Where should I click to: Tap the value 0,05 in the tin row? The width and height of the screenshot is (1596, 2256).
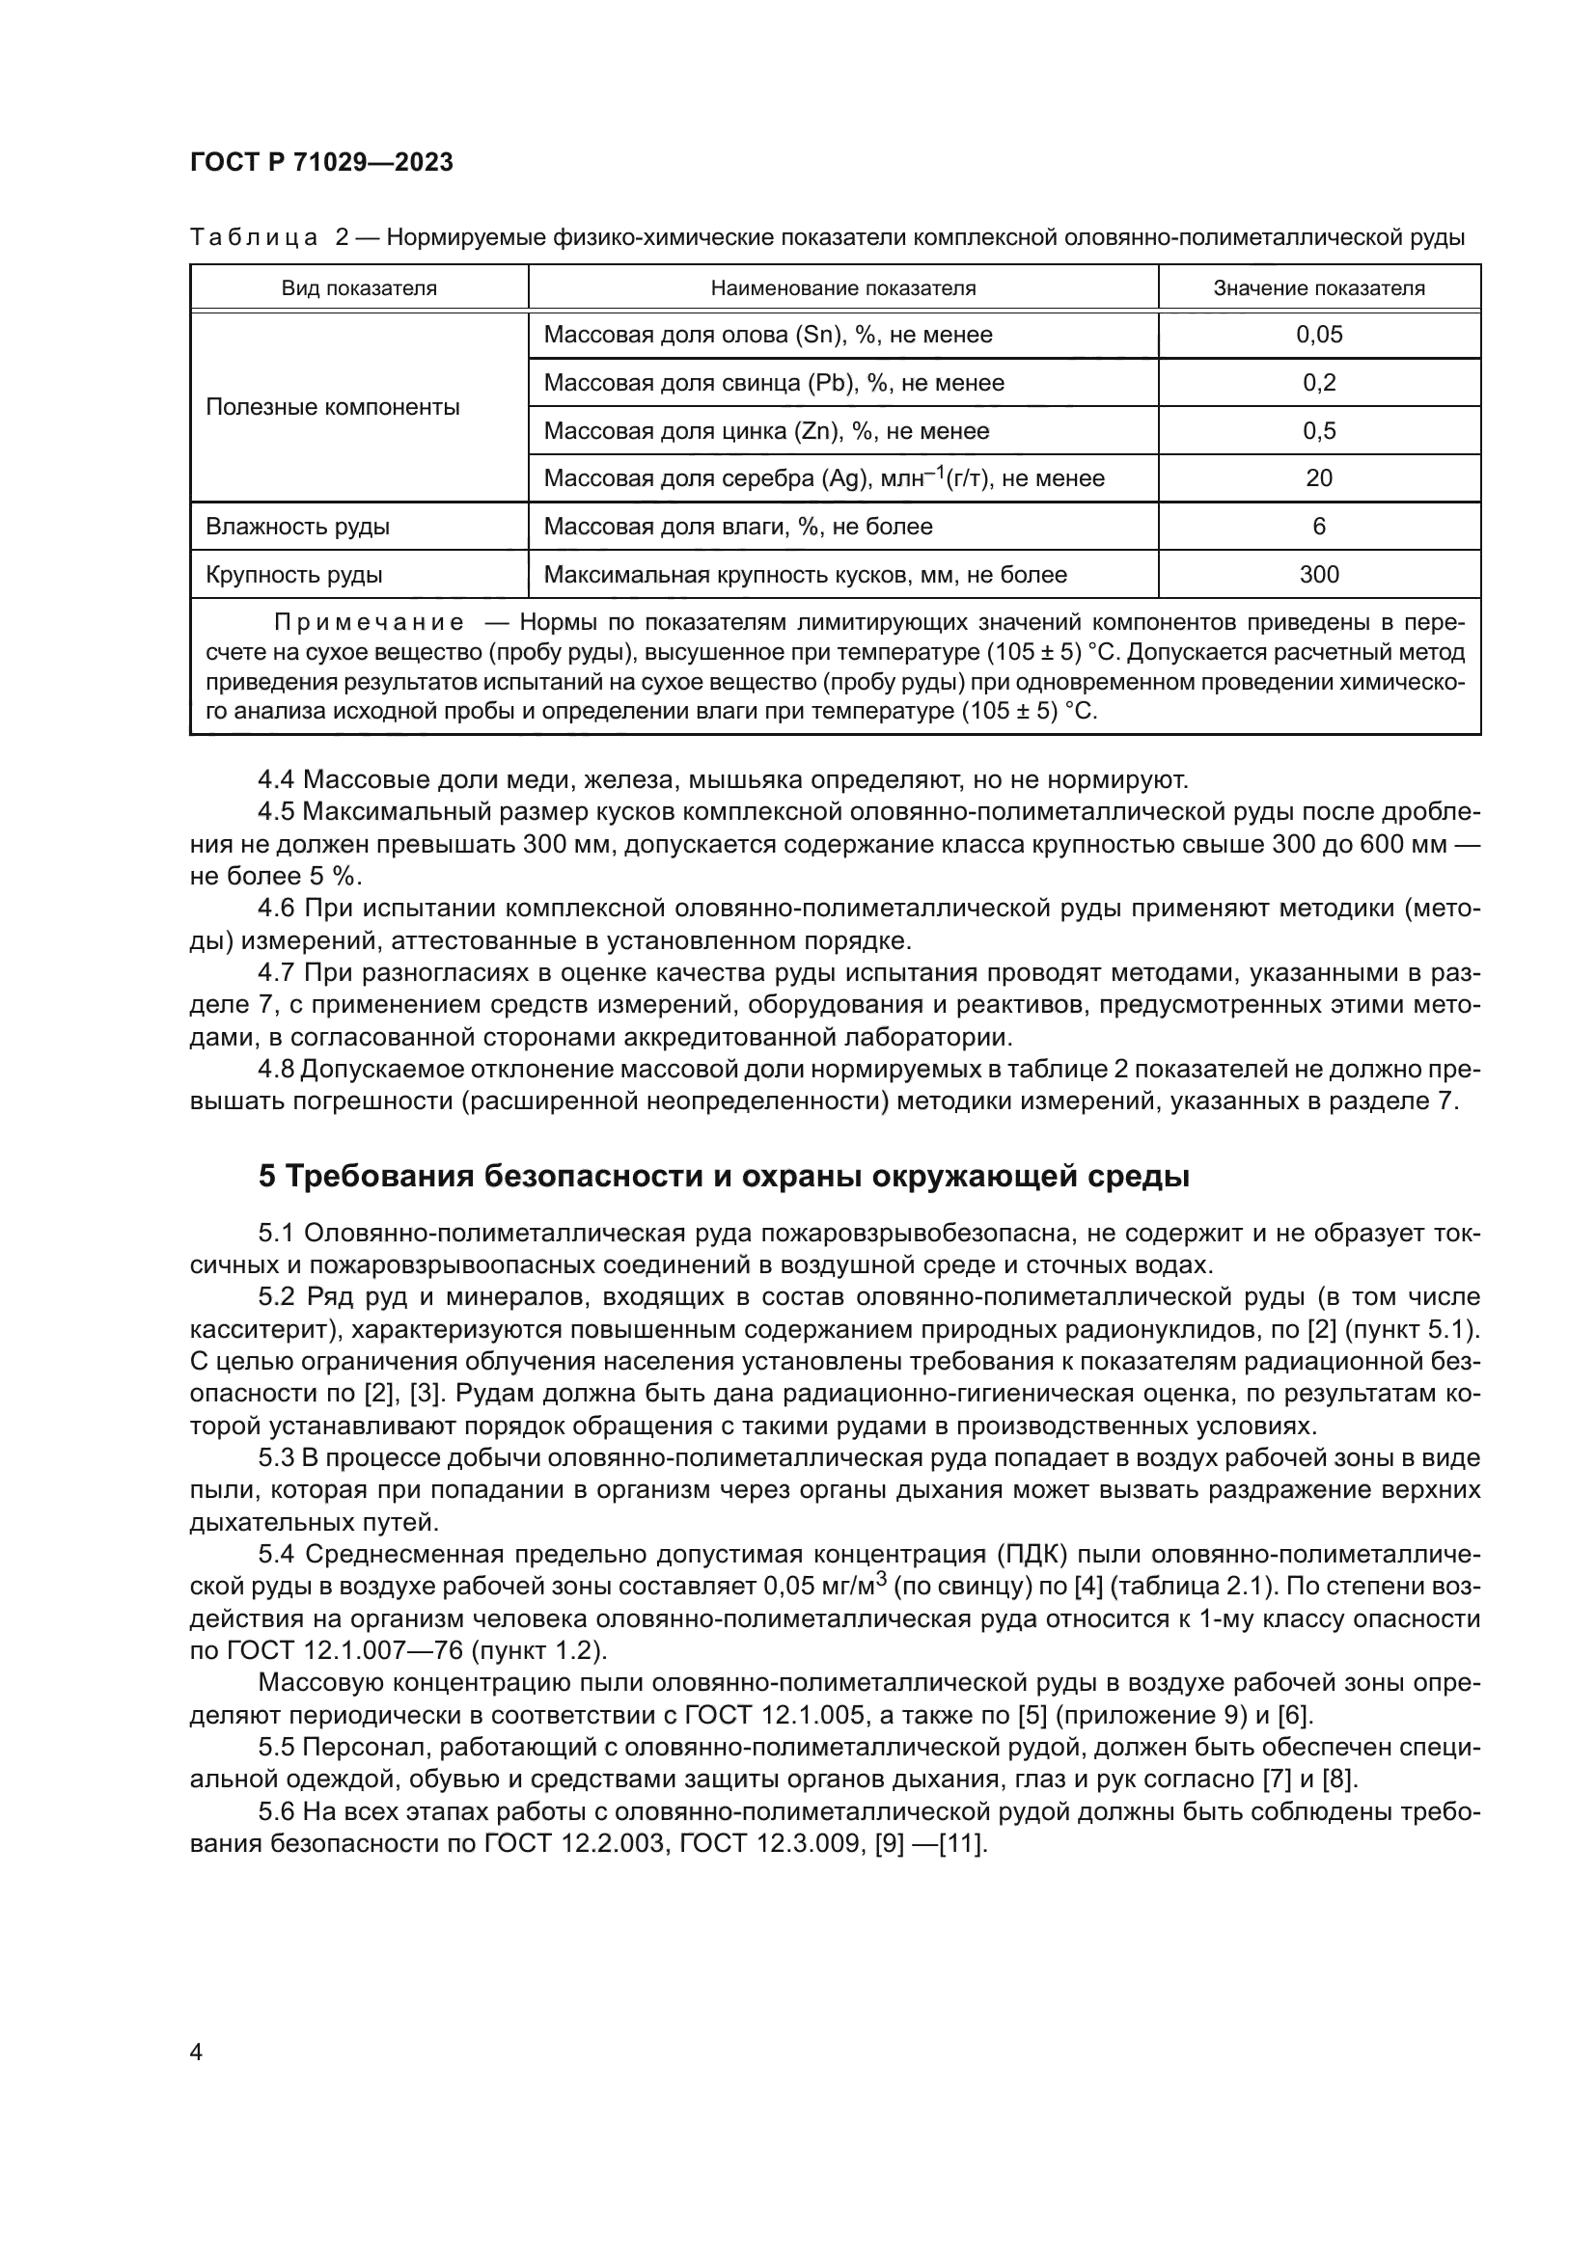pos(1319,335)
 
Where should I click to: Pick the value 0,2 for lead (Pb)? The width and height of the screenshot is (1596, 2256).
pos(1319,383)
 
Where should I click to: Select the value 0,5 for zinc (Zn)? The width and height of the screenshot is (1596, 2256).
pos(1319,431)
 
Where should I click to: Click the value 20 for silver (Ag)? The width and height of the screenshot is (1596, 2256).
pos(1319,478)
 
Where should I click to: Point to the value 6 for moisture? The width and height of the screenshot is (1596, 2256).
pos(1319,527)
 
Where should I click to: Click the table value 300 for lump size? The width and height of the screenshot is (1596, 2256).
pos(1319,575)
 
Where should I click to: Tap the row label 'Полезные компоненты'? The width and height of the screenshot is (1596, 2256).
pos(332,408)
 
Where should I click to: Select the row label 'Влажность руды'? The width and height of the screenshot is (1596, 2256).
pos(297,527)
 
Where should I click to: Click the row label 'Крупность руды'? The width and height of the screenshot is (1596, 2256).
pos(294,575)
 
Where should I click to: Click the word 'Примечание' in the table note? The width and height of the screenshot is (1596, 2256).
pos(369,623)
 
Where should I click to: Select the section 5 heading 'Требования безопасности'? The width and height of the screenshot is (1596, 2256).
pos(723,1176)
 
